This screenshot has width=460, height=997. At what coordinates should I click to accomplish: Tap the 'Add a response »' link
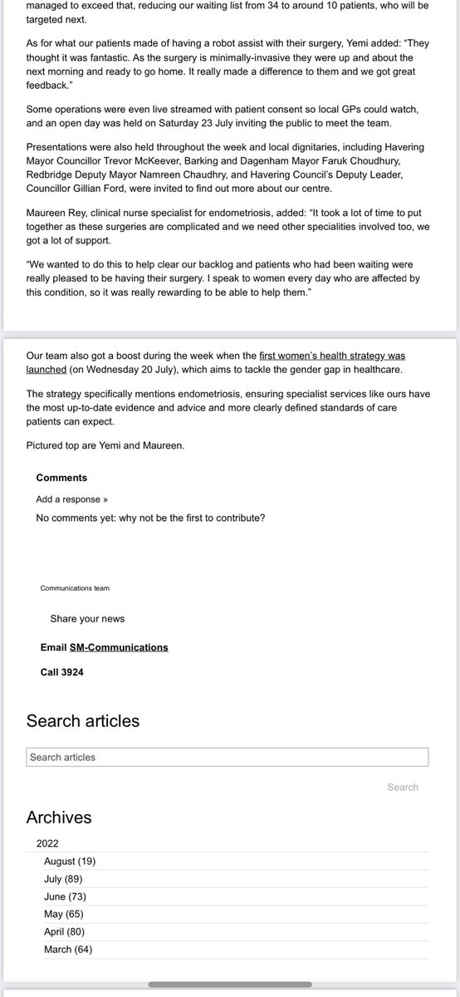click(71, 499)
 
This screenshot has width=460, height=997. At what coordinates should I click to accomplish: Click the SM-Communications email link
click(119, 647)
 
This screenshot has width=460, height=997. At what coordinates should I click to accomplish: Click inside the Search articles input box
click(228, 757)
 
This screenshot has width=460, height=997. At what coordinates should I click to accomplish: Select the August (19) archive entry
click(70, 861)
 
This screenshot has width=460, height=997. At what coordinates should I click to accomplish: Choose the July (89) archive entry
click(63, 878)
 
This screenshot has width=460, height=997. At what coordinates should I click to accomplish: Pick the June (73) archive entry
click(65, 896)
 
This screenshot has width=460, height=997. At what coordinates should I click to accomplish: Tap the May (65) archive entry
click(63, 914)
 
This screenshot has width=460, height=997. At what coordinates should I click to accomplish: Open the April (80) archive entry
click(64, 931)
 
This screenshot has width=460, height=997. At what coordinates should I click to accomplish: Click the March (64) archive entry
click(68, 949)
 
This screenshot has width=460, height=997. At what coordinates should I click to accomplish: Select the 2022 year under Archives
click(47, 842)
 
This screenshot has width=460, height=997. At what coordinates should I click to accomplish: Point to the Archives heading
click(59, 818)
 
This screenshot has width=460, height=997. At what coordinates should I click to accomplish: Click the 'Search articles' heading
click(83, 720)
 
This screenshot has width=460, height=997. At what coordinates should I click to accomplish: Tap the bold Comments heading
click(61, 478)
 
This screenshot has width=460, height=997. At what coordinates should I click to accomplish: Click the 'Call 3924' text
click(61, 672)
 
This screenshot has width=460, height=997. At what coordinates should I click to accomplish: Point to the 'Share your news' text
click(87, 619)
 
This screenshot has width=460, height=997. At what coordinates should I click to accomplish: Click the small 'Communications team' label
click(75, 587)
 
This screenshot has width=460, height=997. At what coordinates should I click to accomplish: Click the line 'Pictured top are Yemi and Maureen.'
click(105, 445)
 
